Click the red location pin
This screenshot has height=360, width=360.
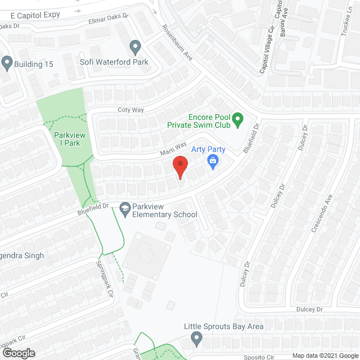pos(180,167)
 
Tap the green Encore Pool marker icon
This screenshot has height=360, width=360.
pos(238,118)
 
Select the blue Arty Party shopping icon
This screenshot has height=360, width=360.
pos(213,162)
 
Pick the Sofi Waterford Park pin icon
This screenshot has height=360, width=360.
pos(135,47)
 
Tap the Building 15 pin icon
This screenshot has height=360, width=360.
pos(7,64)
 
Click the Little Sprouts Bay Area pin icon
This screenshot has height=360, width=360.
pos(196,339)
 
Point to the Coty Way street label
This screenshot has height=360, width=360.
pos(128,110)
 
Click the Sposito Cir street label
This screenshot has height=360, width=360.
pos(259,357)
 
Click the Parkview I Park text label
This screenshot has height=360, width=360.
pos(67,138)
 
